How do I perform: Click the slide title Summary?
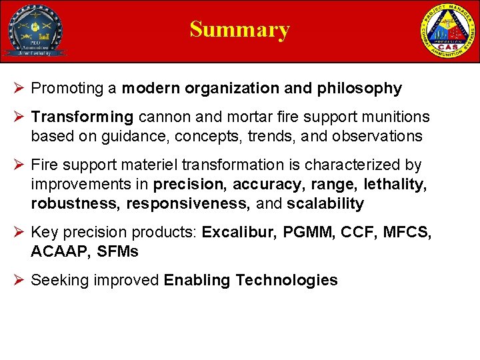click(x=239, y=29)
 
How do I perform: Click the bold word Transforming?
click(x=82, y=117)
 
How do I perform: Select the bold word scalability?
click(x=325, y=203)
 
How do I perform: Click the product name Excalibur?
click(x=239, y=233)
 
